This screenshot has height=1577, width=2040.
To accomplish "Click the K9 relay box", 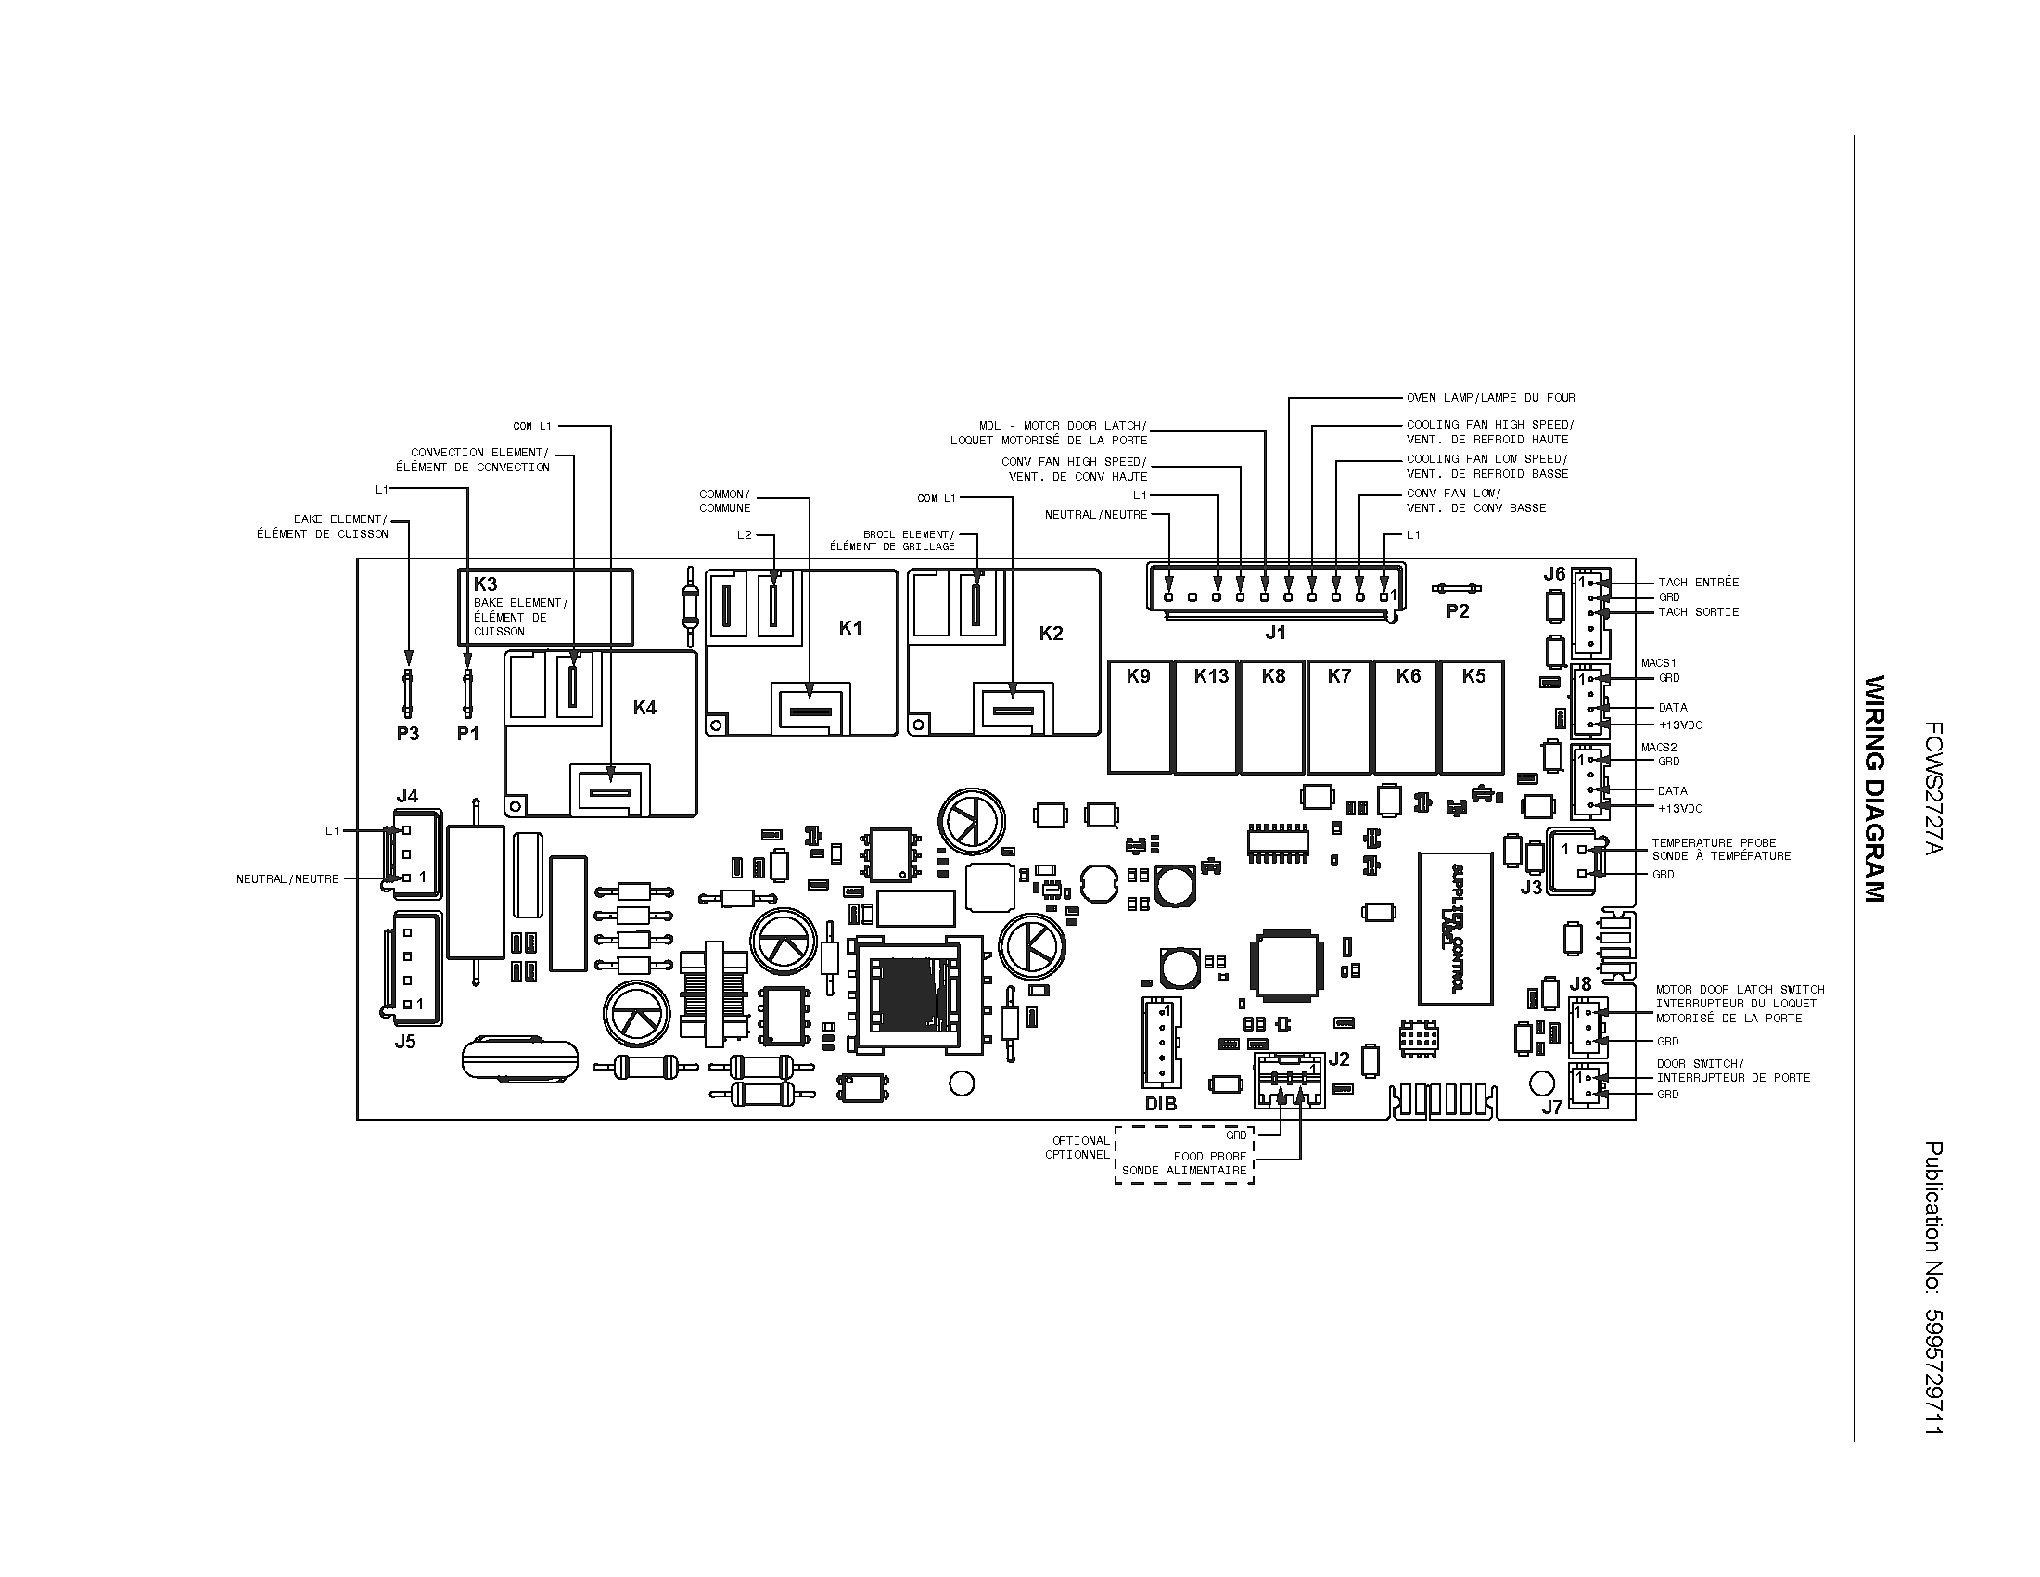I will pos(1140,717).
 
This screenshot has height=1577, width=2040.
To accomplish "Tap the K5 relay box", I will pos(1473,717).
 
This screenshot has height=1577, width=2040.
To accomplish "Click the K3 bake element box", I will pos(544,608).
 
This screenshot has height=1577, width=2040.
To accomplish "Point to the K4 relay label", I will pos(644,707).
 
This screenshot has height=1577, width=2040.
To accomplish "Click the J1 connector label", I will pos(1275,633).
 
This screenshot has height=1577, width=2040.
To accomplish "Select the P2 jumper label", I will pos(1457,611).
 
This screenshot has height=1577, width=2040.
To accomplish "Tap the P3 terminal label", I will pos(408,734).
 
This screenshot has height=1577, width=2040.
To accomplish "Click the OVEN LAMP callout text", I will pos(1491,398).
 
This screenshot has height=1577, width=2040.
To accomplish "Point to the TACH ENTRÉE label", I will pos(1698,582).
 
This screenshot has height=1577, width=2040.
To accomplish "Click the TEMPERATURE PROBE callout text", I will pos(1713,842).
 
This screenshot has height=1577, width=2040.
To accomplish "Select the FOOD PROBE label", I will pos(1209,1156).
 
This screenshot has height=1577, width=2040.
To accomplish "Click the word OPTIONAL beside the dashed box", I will pos(1080,1141).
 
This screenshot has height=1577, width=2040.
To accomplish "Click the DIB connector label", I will pos(1161,1103).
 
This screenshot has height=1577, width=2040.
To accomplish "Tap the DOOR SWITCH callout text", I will pos(1700,1063).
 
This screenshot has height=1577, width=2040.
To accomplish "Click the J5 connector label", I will pos(404,1041).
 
